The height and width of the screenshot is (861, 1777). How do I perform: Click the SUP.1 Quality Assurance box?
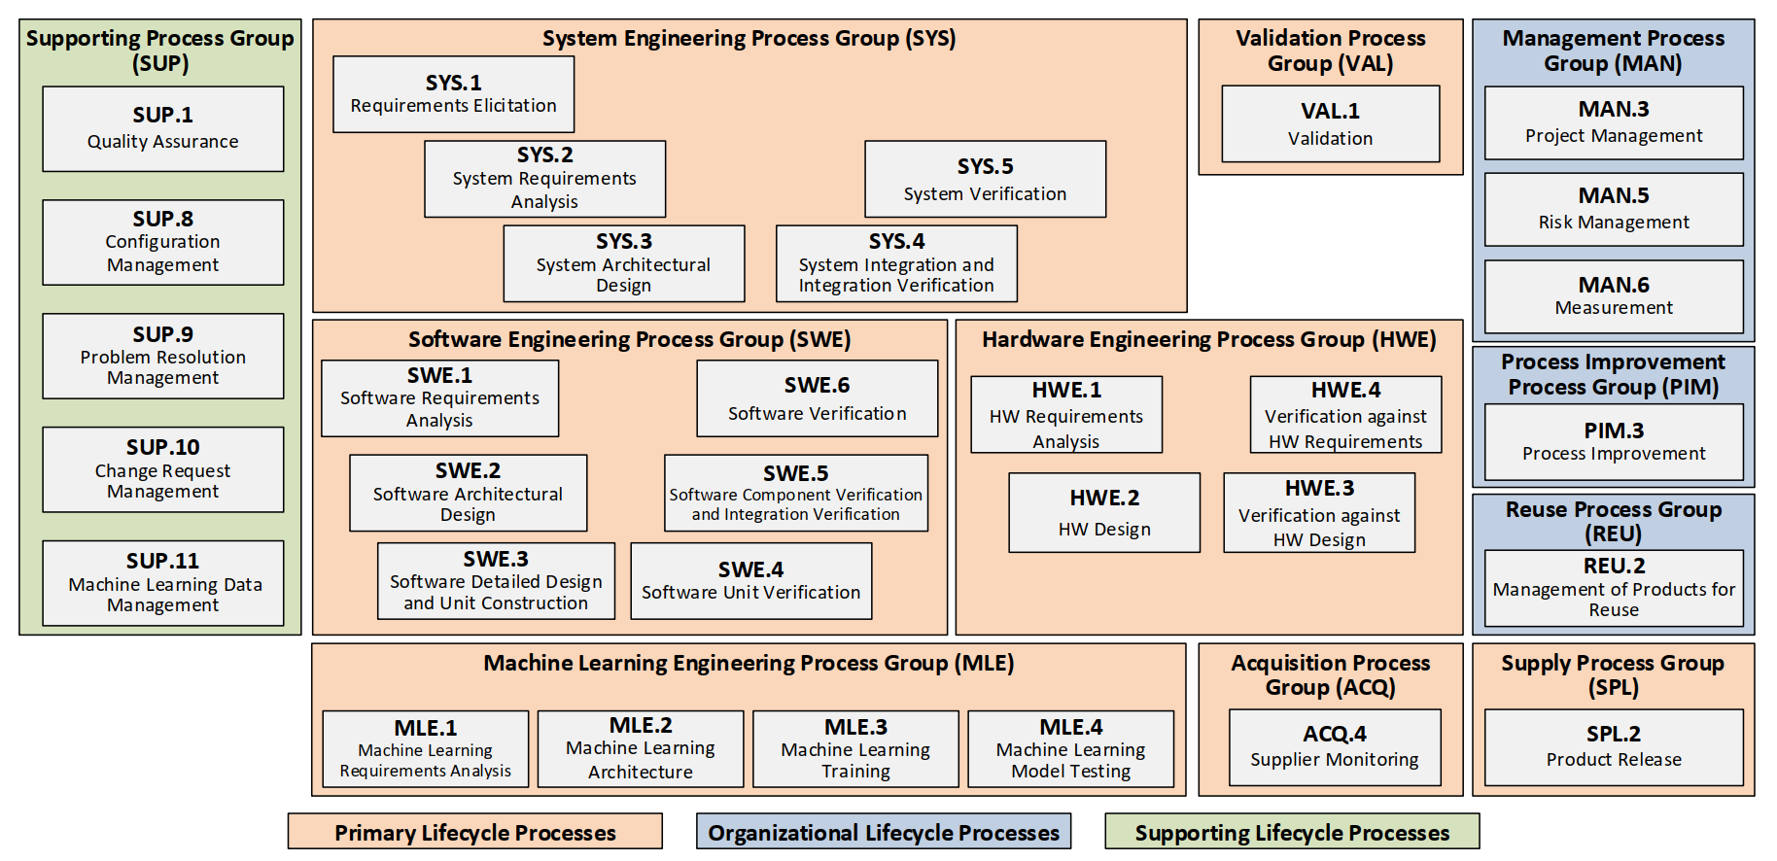click(x=163, y=129)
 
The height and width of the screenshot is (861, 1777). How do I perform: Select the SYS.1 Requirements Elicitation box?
click(x=454, y=94)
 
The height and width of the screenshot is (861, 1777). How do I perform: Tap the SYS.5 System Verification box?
click(x=986, y=179)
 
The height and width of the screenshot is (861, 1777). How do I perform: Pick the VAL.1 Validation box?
click(x=1331, y=123)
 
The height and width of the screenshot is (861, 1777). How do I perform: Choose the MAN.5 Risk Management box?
click(x=1614, y=209)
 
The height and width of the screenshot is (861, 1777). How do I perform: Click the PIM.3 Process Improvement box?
click(x=1614, y=442)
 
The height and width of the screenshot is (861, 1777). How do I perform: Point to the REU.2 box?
click(x=1614, y=588)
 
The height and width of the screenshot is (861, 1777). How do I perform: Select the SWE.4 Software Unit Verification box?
click(x=751, y=581)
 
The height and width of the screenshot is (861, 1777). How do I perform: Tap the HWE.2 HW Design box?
click(x=1104, y=513)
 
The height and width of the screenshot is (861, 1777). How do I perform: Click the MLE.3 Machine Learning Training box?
click(x=855, y=749)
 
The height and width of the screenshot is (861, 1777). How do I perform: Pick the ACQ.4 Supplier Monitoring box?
click(x=1335, y=747)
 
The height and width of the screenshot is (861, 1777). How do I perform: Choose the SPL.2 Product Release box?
click(x=1614, y=747)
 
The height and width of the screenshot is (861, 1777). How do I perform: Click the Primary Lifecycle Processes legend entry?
click(x=475, y=832)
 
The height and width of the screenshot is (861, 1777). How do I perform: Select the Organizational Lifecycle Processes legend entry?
click(x=884, y=832)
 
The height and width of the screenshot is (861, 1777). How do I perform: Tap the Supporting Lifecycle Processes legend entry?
click(x=1292, y=832)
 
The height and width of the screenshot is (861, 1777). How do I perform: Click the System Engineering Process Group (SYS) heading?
click(x=749, y=38)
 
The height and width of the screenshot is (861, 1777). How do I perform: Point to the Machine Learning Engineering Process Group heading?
click(x=749, y=663)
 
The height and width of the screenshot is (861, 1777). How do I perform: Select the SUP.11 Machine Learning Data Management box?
click(x=163, y=583)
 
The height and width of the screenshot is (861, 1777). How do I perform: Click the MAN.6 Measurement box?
click(x=1614, y=296)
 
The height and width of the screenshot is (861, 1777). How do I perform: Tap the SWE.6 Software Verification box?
click(x=818, y=398)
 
